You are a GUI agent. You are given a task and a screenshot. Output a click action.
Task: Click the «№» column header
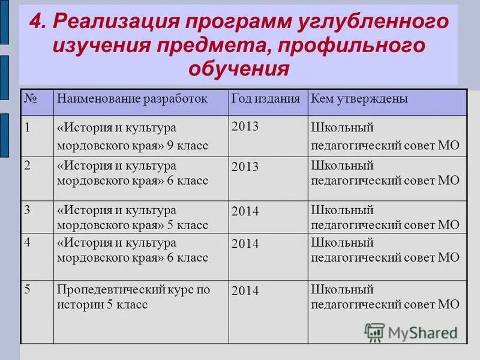31,99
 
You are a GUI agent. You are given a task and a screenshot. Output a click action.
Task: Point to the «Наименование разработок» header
132,99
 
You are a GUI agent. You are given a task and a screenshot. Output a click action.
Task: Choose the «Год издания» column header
266,99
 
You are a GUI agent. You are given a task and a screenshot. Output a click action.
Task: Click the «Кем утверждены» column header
359,99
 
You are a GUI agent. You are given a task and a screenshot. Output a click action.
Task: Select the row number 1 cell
28,127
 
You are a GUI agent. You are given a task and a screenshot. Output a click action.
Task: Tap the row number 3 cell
28,210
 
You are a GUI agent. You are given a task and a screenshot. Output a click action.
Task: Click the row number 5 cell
28,289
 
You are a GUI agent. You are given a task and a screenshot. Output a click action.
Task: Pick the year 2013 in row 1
245,127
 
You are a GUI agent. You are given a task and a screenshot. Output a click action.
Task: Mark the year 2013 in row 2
245,167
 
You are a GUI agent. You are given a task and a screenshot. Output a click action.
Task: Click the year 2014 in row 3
245,212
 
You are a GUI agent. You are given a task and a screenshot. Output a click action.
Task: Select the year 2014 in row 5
245,291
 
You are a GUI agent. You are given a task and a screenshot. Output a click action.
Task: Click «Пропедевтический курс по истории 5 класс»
133,297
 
